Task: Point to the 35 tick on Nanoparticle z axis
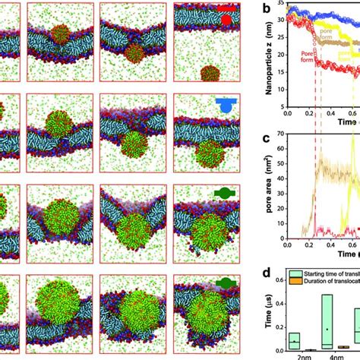coord(280,6)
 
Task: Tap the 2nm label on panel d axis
coord(294,355)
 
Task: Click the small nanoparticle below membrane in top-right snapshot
coord(206,74)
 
